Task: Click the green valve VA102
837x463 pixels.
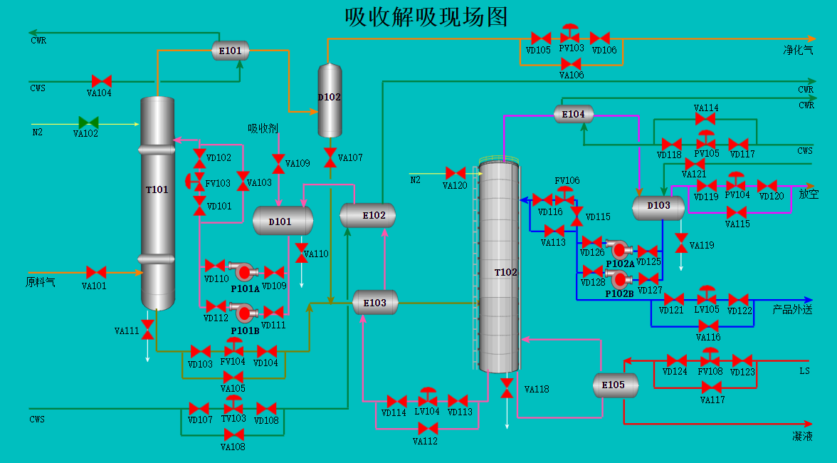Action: [88, 123]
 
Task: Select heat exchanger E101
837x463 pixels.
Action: [231, 51]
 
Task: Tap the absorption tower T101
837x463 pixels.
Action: [157, 203]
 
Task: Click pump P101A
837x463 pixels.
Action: [243, 272]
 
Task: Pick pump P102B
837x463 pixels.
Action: [619, 279]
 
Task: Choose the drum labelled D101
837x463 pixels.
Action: [283, 221]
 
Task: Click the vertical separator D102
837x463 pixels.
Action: [330, 100]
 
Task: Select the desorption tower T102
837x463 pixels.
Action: [499, 267]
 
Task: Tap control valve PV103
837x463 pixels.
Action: [570, 33]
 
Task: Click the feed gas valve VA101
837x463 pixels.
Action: [96, 272]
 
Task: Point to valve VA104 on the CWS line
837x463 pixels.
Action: [101, 81]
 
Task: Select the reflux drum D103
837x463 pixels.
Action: [658, 208]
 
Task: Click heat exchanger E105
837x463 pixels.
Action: [616, 385]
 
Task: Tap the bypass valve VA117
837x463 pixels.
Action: [712, 387]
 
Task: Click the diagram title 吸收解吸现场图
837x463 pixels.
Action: [426, 17]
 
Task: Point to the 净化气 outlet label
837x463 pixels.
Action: [799, 50]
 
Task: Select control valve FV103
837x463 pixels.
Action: [195, 182]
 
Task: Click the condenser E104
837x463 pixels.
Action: [574, 114]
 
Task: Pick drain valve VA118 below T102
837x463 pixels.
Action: [507, 388]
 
